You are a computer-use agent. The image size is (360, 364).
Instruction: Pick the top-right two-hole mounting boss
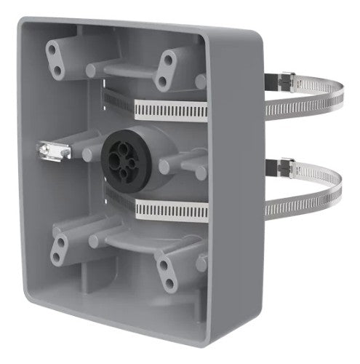pyautogui.click(x=169, y=70)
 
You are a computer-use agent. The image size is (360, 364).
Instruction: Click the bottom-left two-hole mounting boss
pyautogui.click(x=59, y=248)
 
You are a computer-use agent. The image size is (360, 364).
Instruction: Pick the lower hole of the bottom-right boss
pyautogui.click(x=169, y=283)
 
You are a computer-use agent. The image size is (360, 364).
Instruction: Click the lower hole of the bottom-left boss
pyautogui.click(x=56, y=257)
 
